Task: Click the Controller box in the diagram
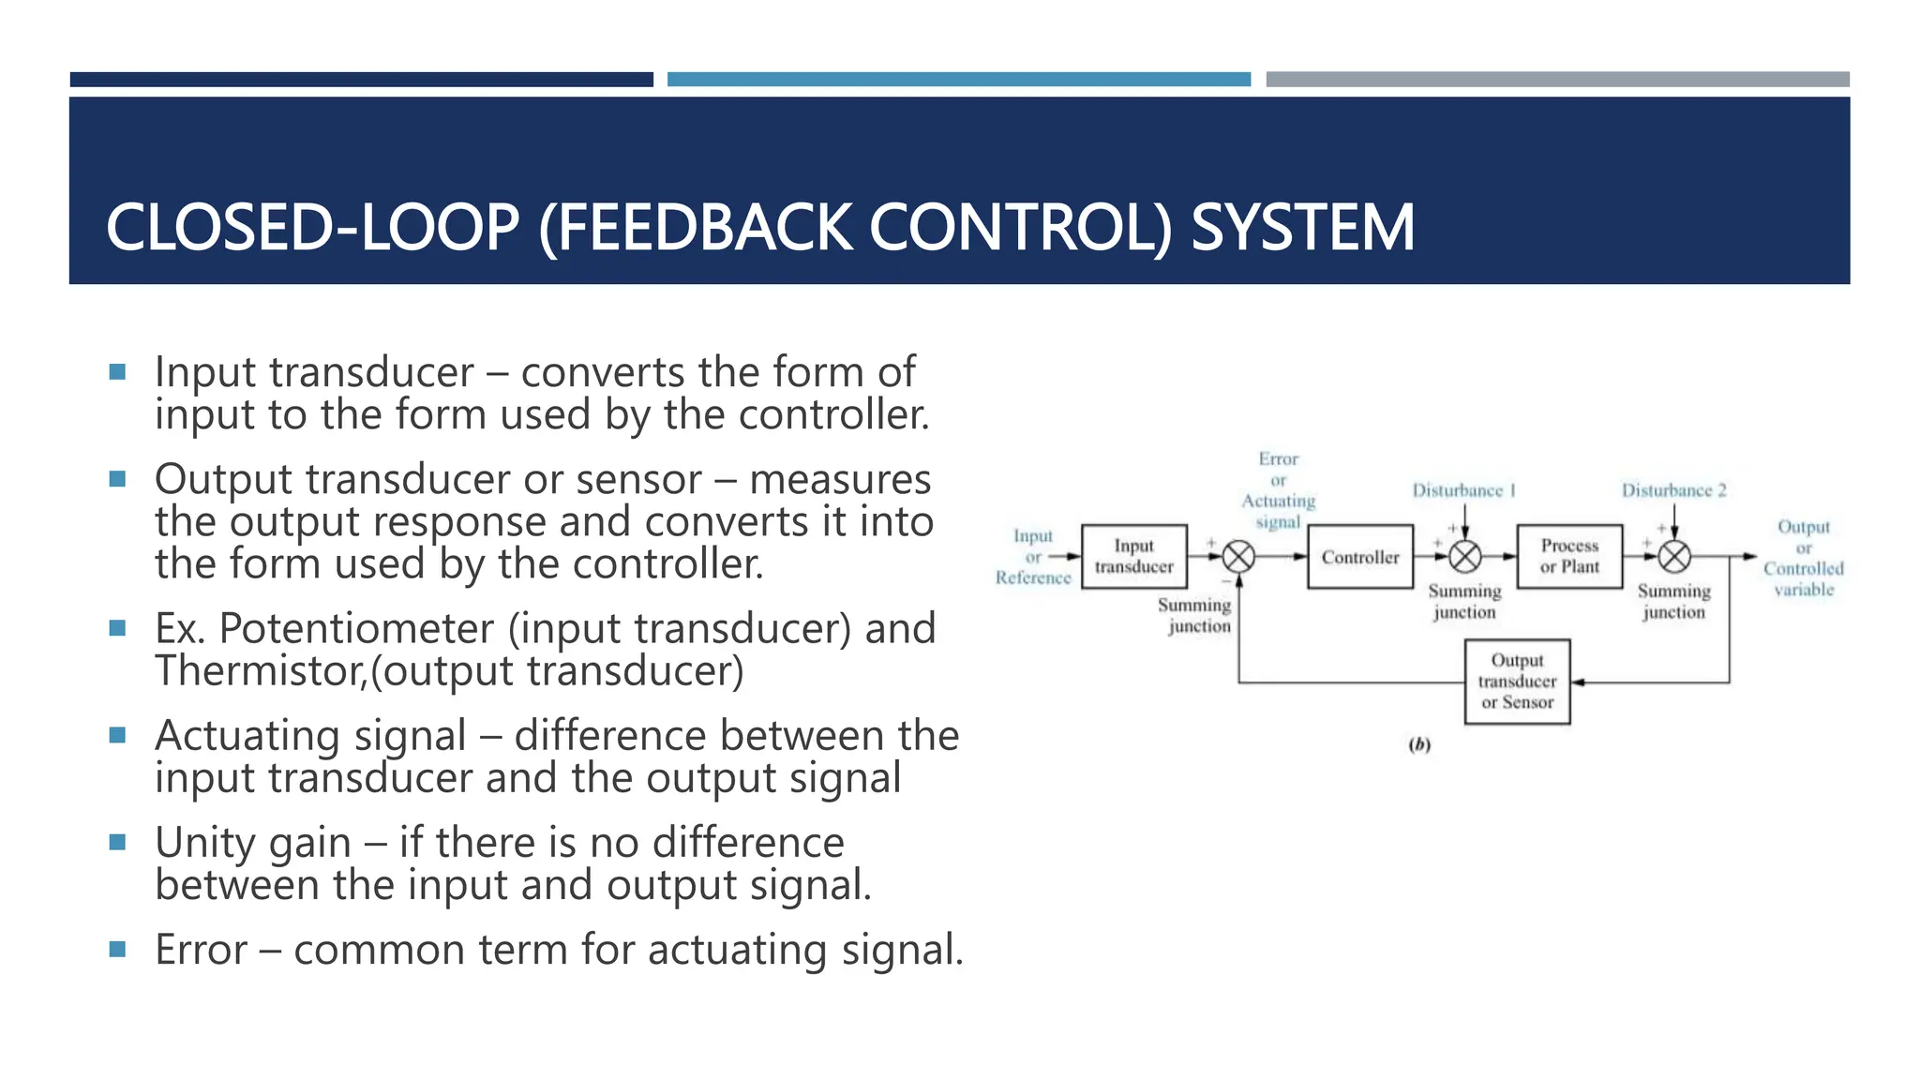[x=1359, y=557]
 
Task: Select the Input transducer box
[x=1133, y=557]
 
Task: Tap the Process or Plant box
[x=1569, y=557]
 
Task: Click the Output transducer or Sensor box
[x=1517, y=682]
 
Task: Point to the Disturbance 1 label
[x=1463, y=490]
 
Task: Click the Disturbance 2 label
[x=1673, y=490]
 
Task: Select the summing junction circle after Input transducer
[x=1238, y=557]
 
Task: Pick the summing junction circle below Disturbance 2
[x=1674, y=557]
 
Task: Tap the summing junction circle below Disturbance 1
[x=1464, y=557]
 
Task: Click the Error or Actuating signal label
[x=1279, y=490]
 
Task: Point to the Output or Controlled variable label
[x=1803, y=558]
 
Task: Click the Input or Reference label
[x=1032, y=557]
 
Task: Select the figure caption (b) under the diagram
[x=1419, y=745]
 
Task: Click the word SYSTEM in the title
[x=1302, y=228]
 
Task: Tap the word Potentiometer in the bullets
[x=355, y=629]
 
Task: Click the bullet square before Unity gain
[x=117, y=842]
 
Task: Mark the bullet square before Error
[x=117, y=949]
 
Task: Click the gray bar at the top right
[x=1557, y=80]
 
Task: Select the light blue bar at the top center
[x=958, y=80]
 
